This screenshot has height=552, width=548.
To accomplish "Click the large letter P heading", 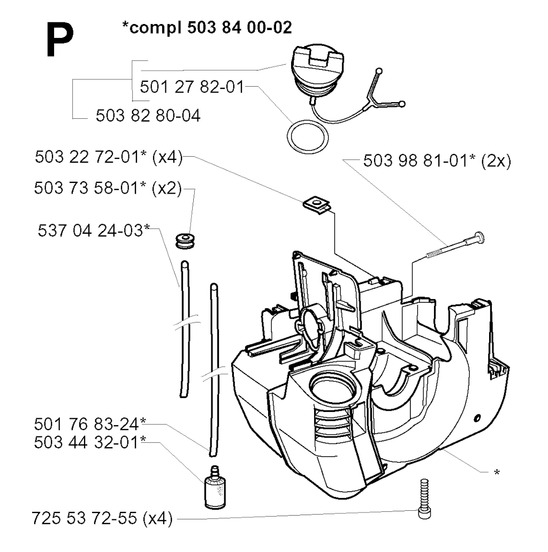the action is click(x=60, y=40).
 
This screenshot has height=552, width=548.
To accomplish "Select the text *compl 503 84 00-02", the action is click(x=207, y=27).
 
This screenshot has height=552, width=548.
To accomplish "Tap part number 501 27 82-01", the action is click(x=192, y=87).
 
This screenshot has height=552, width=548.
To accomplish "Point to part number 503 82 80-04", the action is click(x=148, y=116).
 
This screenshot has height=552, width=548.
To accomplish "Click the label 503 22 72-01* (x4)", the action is click(x=109, y=157).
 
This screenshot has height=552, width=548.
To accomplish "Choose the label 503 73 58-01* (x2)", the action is click(x=108, y=188).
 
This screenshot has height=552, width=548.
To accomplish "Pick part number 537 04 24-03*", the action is click(x=94, y=231).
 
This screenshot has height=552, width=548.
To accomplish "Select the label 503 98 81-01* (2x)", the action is click(x=437, y=161).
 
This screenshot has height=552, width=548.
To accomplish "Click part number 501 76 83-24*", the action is click(x=90, y=424).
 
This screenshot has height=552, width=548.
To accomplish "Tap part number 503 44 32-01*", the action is click(x=90, y=442).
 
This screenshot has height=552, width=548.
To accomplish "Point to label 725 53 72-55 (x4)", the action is click(x=102, y=518).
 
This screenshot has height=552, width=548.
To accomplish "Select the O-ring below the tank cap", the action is click(x=308, y=137).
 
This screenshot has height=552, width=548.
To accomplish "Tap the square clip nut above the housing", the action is click(x=317, y=205).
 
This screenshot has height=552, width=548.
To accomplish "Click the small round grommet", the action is click(x=185, y=241).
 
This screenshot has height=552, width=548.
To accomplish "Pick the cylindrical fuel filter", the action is click(x=215, y=488).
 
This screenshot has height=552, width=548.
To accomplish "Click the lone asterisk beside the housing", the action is click(x=497, y=472).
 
